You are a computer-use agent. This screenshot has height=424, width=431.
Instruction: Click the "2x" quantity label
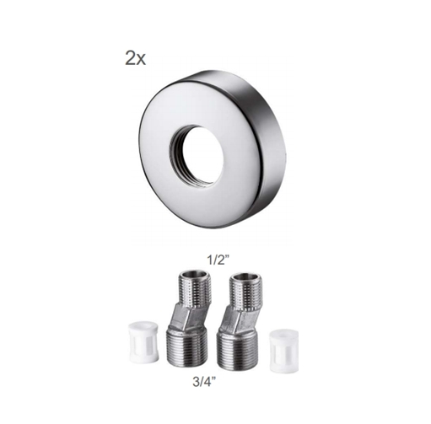tap(135, 59)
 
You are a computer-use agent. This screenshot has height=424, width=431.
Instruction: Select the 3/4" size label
tap(205, 382)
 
